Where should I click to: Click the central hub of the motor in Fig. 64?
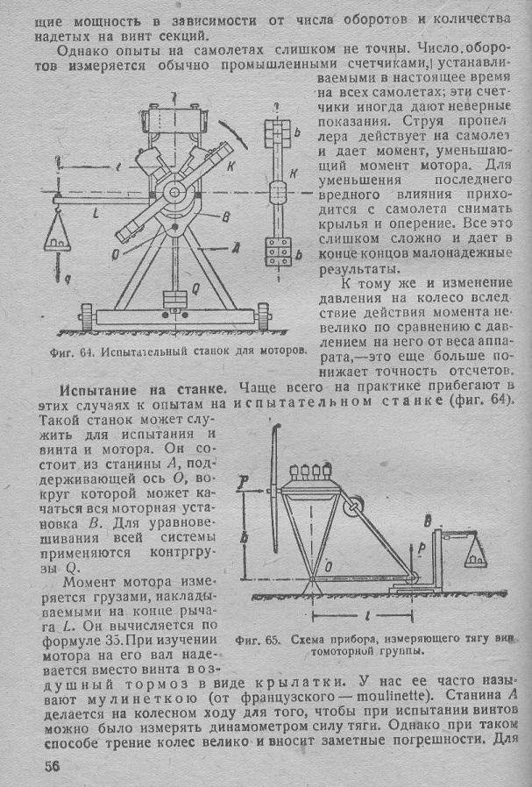coord(175,191)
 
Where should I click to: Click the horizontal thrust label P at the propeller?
coord(244,480)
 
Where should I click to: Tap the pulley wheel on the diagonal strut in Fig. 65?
coord(354,505)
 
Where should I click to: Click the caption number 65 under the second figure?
coord(273,640)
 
